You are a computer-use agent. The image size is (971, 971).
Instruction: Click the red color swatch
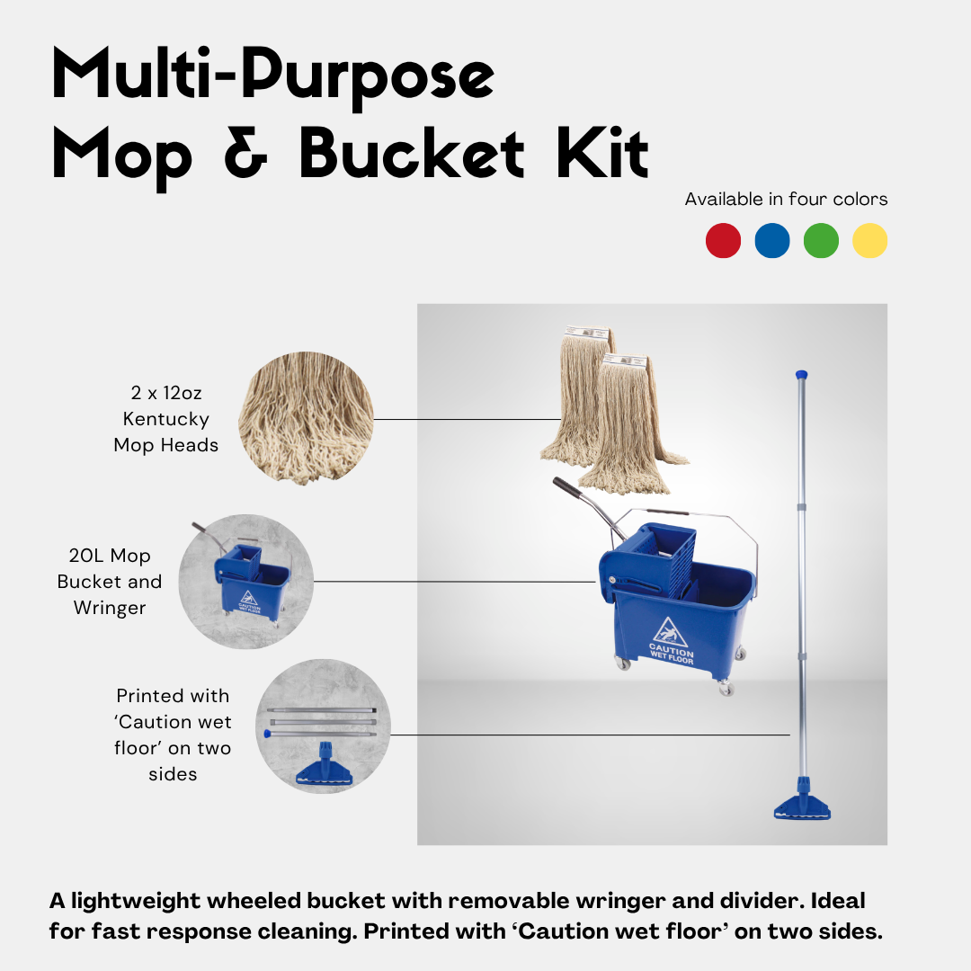724,241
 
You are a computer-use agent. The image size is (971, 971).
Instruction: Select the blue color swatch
772,241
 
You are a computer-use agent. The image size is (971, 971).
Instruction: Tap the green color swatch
821,241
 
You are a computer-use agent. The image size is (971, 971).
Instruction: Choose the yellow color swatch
869,241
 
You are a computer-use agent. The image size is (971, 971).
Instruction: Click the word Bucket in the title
412,155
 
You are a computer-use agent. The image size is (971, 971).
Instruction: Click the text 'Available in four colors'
786,199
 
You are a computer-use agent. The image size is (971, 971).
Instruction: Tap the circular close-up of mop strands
306,418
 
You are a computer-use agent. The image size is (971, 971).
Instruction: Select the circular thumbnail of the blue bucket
245,582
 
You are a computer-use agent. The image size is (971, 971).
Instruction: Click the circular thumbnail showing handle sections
323,726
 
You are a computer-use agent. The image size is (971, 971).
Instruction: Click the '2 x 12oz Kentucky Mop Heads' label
165,419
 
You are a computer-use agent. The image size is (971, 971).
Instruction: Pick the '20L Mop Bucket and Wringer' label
110,582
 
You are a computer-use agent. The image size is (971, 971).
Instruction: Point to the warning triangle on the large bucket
671,630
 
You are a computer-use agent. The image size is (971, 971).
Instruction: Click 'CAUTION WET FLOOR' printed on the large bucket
672,656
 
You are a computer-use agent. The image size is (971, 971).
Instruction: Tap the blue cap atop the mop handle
802,373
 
